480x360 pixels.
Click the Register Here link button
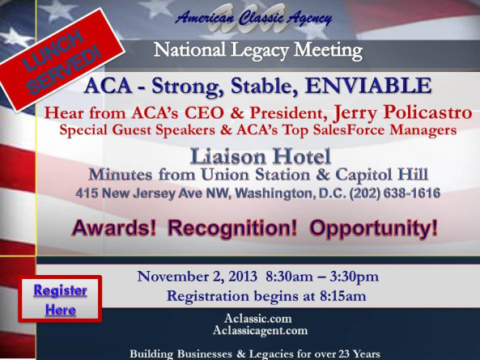point(61,299)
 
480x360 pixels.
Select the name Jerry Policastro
point(402,113)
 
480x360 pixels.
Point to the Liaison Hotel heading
point(261,156)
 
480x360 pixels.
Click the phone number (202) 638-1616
point(394,193)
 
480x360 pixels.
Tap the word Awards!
point(114,228)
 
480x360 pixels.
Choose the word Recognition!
point(232,228)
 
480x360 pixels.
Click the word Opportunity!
point(373,228)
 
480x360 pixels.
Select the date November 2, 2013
point(198,277)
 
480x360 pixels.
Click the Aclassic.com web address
point(257,319)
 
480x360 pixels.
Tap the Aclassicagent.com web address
point(260,330)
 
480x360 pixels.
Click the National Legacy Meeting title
point(257,50)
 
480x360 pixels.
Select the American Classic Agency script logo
point(253,18)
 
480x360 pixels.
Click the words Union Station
point(256,175)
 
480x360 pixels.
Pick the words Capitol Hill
point(381,175)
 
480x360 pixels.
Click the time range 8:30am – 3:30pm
point(322,277)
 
